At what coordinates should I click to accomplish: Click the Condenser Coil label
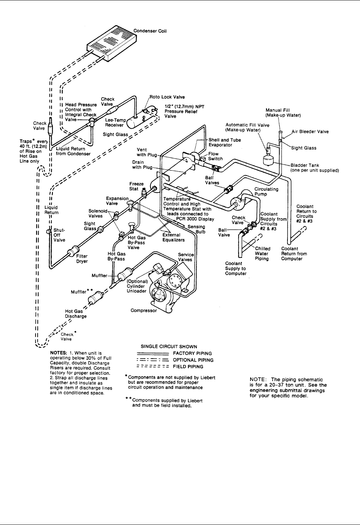tap(150, 31)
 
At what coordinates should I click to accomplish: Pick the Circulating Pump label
tap(266, 192)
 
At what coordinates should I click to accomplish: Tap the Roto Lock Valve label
tap(167, 97)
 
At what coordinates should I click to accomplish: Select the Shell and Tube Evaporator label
tap(225, 142)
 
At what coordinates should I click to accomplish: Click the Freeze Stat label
tap(134, 186)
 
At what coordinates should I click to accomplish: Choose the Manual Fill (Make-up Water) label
tap(283, 112)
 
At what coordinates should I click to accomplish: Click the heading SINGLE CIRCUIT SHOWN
tap(169, 347)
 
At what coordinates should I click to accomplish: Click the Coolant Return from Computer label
tap(294, 254)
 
